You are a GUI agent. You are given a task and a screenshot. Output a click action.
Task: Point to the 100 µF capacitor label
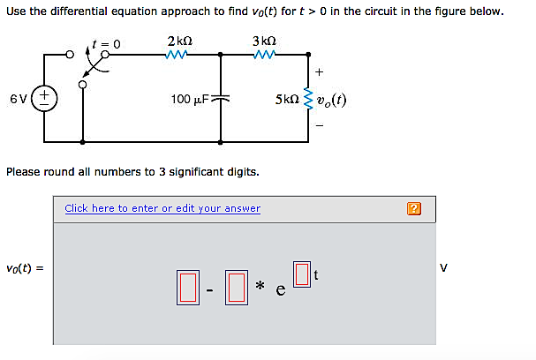[x=189, y=99]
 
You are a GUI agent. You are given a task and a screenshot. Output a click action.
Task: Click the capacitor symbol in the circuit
[x=221, y=99]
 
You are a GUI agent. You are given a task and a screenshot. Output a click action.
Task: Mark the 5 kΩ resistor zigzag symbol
[x=308, y=99]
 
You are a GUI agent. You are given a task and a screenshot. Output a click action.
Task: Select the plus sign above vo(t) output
[x=319, y=71]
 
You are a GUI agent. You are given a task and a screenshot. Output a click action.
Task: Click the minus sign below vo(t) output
[x=319, y=124]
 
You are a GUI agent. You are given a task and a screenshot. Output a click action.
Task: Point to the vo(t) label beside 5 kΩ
[x=332, y=99]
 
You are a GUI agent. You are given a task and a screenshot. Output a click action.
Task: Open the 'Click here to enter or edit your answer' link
[x=162, y=208]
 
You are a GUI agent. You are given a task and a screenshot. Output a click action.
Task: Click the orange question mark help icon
[x=415, y=209]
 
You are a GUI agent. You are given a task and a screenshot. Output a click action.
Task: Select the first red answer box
[x=186, y=289]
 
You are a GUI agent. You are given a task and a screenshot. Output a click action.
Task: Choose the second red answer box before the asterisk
[x=235, y=289]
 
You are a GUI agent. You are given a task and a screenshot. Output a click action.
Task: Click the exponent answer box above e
[x=301, y=274]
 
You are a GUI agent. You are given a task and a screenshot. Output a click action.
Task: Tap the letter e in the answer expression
[x=280, y=292]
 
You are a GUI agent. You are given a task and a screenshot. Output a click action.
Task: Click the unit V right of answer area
[x=444, y=268]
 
